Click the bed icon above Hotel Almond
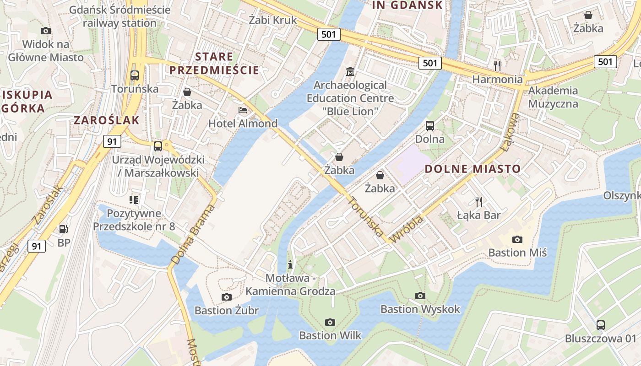(243, 110)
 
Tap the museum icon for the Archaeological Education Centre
(350, 72)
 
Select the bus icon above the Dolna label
(429, 126)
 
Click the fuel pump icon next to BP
(63, 229)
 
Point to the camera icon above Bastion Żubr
(226, 297)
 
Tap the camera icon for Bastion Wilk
(330, 323)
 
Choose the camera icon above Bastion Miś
(517, 239)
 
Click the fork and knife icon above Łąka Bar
(479, 201)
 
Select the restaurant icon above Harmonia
(498, 66)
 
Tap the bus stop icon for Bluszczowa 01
(600, 325)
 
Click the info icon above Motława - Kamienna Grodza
(290, 264)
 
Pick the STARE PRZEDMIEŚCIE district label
(214, 64)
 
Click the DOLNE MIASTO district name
(473, 169)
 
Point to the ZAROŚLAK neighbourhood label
(106, 120)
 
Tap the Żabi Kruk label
(273, 20)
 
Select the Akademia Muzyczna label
(553, 97)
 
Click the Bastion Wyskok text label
(420, 309)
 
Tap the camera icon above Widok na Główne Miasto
(46, 31)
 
